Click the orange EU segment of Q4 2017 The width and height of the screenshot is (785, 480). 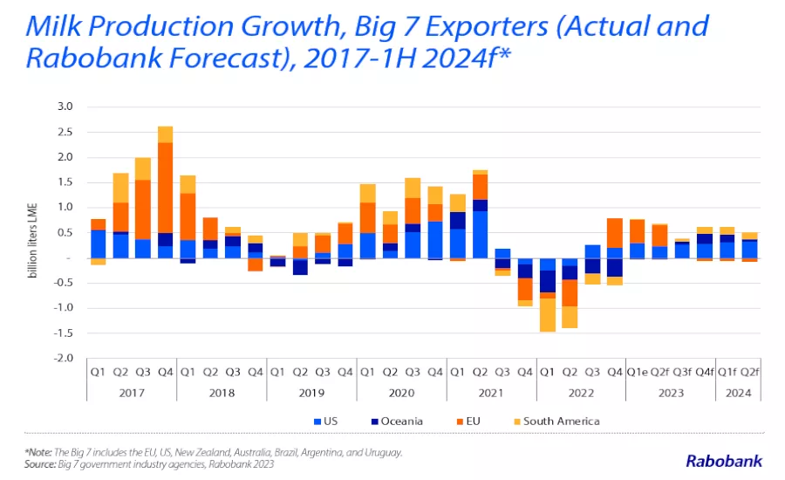165,188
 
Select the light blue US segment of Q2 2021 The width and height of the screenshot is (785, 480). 480,235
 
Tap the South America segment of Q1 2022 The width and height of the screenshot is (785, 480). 548,315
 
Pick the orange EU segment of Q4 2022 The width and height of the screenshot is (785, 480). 615,233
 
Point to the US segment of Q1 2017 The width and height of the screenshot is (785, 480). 98,244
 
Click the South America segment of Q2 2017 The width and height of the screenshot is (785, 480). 120,188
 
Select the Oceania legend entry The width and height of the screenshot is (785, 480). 397,422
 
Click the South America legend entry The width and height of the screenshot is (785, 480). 556,422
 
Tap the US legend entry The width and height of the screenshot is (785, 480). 326,422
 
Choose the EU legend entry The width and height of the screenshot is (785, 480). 468,422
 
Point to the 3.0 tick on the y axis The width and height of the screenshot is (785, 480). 65,106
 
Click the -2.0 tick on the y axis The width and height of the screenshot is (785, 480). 63,358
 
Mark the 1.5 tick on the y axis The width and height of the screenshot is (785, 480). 65,182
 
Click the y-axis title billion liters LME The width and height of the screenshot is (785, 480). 32,241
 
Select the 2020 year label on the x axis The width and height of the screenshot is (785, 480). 401,393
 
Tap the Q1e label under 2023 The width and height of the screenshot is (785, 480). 638,373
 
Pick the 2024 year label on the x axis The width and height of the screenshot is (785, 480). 739,393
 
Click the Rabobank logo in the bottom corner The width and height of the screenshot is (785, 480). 724,461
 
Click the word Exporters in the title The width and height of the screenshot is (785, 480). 487,26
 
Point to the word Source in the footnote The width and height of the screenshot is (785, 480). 40,464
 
